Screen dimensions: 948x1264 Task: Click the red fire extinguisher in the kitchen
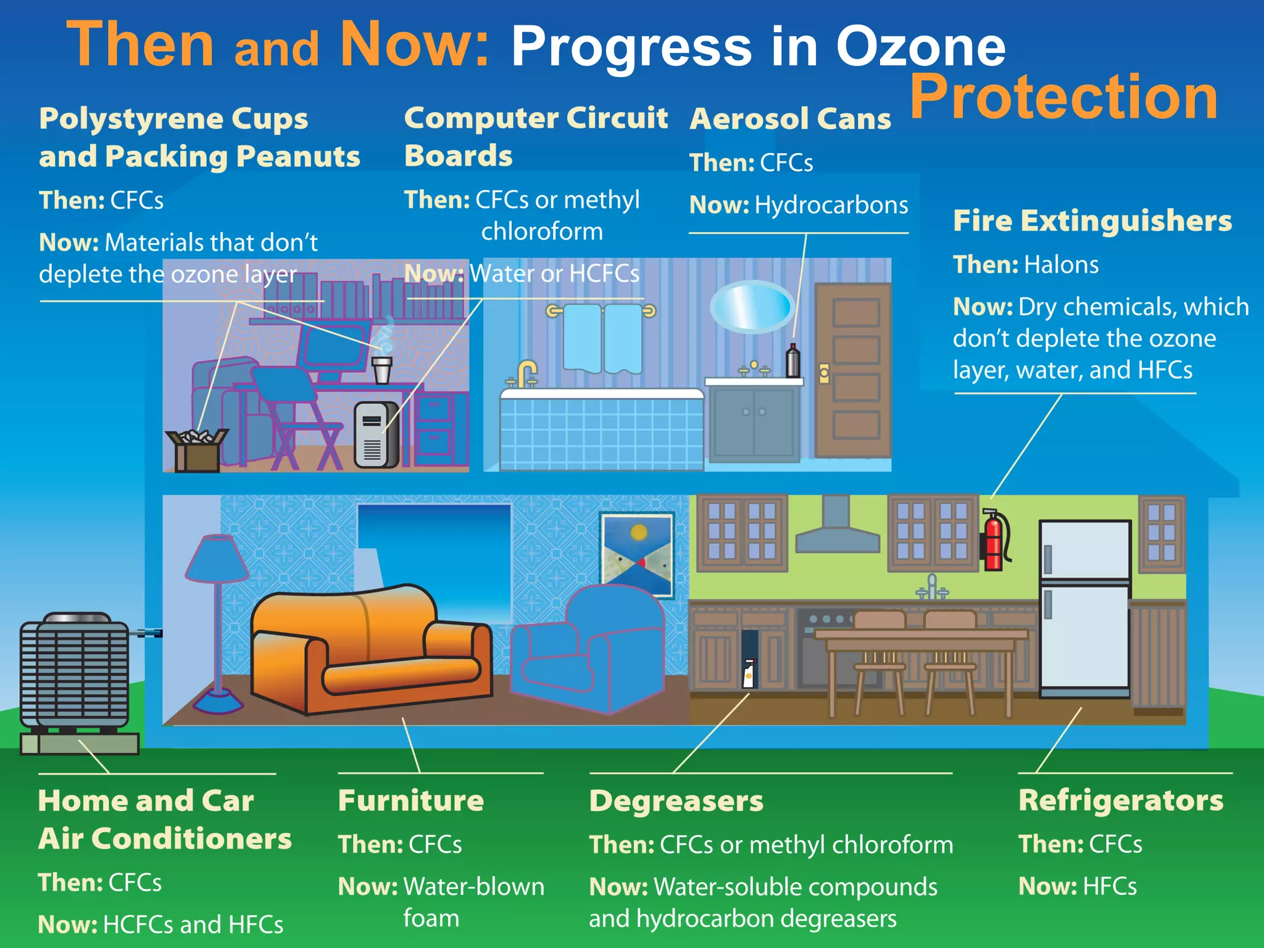coord(994,541)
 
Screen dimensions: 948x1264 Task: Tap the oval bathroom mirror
coord(751,307)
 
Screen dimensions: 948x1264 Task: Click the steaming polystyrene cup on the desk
coord(381,369)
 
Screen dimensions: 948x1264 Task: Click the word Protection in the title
coord(1063,97)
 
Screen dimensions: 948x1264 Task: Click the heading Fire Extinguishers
coord(1092,220)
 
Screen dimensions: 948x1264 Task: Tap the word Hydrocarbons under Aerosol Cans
coord(831,205)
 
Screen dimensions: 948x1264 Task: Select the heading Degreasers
coord(676,800)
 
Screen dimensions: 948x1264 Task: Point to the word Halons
coord(1061,265)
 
